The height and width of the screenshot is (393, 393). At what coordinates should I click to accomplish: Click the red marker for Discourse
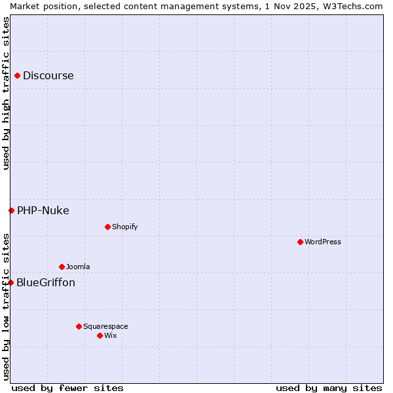coord(17,75)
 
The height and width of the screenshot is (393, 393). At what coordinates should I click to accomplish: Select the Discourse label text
coord(48,75)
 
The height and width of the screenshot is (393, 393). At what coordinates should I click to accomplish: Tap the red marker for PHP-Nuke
coord(11,210)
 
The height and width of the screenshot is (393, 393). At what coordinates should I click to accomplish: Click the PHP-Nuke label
coord(43,210)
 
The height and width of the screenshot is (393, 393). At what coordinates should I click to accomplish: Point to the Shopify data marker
coord(107,227)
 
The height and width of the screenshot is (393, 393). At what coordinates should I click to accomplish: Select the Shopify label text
coord(124,227)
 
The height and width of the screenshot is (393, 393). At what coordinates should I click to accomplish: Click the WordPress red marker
coord(300,242)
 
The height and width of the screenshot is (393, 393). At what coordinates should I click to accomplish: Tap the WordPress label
coord(322,242)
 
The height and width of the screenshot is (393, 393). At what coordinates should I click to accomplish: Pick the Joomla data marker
coord(62,267)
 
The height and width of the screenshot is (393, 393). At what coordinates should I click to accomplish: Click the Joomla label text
coord(78,267)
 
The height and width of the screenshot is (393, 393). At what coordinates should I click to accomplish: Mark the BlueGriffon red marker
coord(10,282)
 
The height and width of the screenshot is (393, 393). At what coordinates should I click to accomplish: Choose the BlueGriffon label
coord(45,282)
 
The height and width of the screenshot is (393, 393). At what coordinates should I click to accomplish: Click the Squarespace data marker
coord(79,326)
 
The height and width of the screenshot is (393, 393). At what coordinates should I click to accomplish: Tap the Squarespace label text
coord(105,326)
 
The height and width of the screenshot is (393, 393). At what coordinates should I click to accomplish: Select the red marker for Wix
coord(100,335)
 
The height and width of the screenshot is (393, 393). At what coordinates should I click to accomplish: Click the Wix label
coord(111,335)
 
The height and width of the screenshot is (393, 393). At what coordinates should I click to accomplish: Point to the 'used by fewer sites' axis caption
coord(67,388)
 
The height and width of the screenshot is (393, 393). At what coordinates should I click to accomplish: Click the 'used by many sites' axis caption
coord(329,388)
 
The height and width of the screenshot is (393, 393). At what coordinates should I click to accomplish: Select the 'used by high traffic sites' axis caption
coord(6,93)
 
